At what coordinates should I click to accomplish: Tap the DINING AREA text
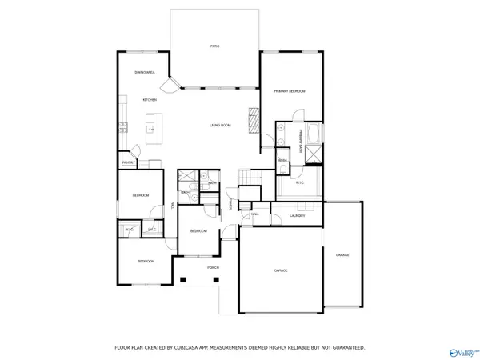pos(145,73)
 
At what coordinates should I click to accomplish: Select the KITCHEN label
pos(150,100)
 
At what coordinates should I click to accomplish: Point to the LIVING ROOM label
pos(220,126)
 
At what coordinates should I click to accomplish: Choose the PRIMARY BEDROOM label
pos(290,92)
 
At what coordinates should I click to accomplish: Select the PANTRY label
pos(128,163)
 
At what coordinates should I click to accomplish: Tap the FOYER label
pos(230,203)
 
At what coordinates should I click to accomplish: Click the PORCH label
pos(213,267)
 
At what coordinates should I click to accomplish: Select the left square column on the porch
pos(183,279)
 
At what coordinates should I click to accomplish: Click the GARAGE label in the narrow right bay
pos(342,255)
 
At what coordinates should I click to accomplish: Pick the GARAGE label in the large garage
pos(281,270)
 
